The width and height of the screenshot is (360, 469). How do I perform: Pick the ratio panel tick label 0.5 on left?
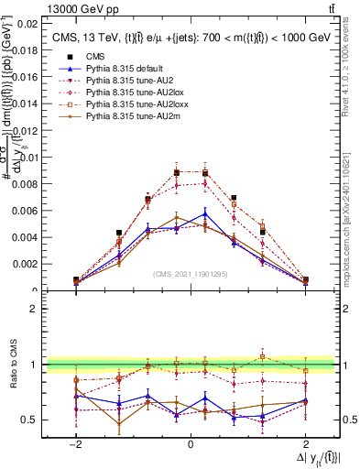tap(27, 420)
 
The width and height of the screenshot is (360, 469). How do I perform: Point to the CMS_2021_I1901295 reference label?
tap(190, 274)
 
